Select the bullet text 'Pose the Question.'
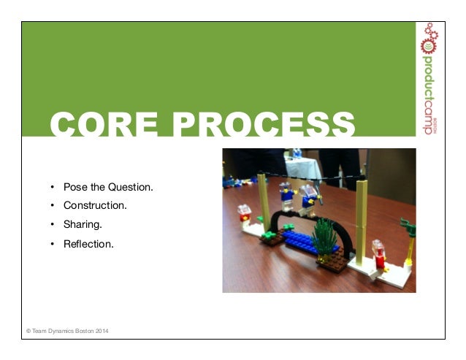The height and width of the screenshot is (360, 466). click(x=108, y=187)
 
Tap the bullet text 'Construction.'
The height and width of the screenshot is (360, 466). click(x=95, y=206)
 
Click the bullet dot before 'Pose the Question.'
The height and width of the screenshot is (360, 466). click(x=53, y=187)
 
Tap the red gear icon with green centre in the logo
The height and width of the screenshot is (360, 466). click(x=429, y=45)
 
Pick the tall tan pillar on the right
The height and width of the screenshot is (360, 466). click(x=360, y=219)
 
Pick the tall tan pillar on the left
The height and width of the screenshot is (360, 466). click(x=264, y=204)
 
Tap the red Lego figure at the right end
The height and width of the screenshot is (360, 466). click(x=378, y=253)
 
